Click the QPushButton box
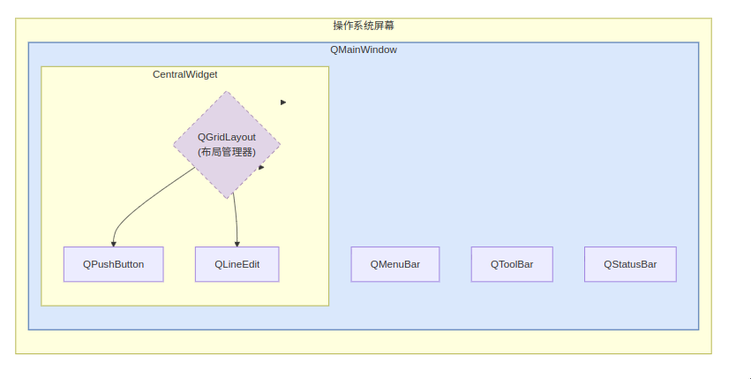pos(114,264)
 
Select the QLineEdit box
pos(237,264)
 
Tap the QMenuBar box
pos(395,264)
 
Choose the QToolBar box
pos(512,264)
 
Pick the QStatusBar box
pos(630,264)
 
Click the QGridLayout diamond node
pos(227,144)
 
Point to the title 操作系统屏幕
pos(364,26)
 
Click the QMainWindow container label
pos(364,49)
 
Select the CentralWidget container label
pos(184,74)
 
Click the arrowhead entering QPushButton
pos(114,244)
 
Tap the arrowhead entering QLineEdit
pos(237,244)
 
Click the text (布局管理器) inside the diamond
pos(227,152)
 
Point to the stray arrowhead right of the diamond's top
pos(283,102)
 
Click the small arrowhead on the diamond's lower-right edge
pos(261,168)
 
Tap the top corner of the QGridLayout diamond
pos(227,91)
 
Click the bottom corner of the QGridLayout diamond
pos(227,198)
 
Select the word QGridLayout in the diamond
pos(227,137)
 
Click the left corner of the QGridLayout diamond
pos(173,144)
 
